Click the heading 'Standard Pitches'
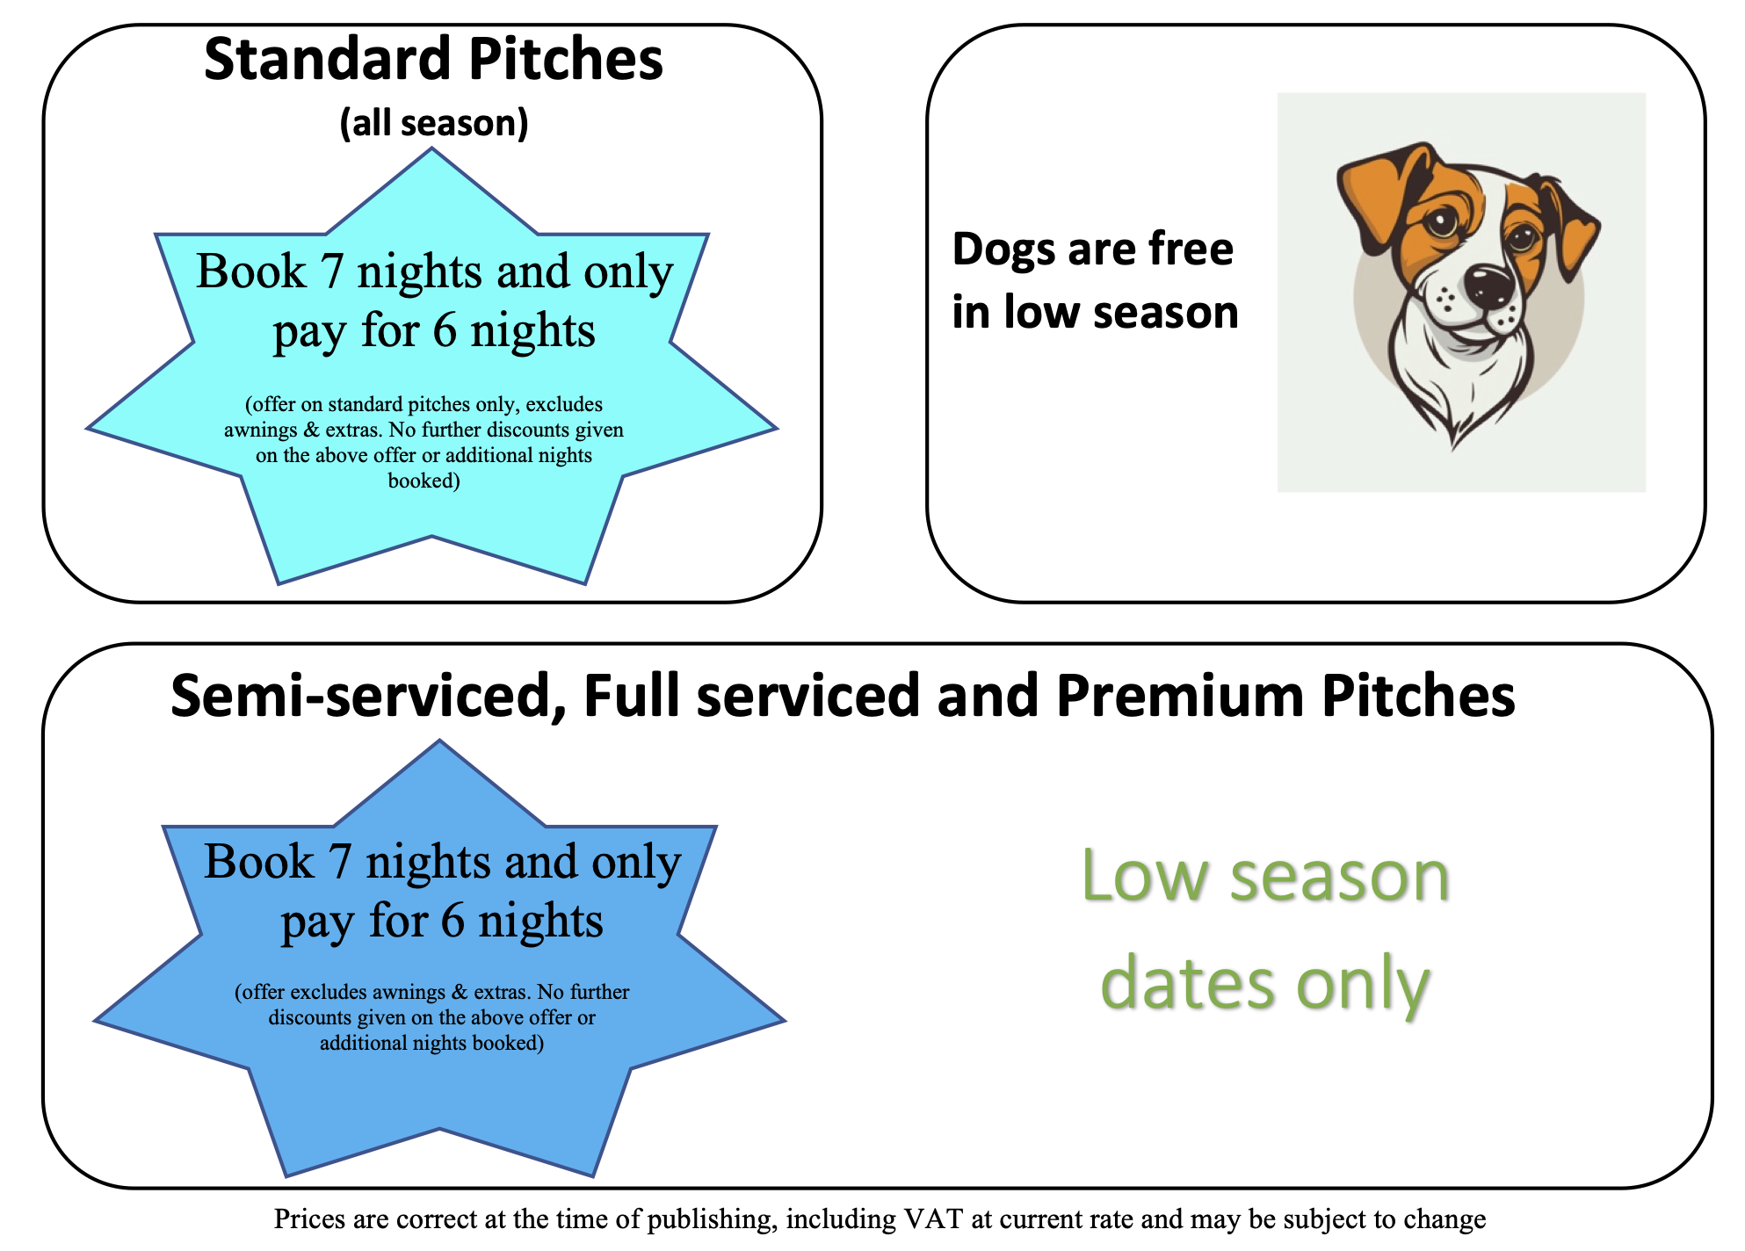point(433,60)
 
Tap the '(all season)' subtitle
point(434,123)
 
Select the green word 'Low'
point(1145,876)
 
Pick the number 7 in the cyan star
point(331,272)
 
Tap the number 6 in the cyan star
point(445,331)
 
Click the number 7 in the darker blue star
point(339,863)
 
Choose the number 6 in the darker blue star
point(453,922)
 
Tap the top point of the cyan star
point(431,148)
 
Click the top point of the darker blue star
point(440,741)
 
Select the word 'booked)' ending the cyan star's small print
point(424,481)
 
